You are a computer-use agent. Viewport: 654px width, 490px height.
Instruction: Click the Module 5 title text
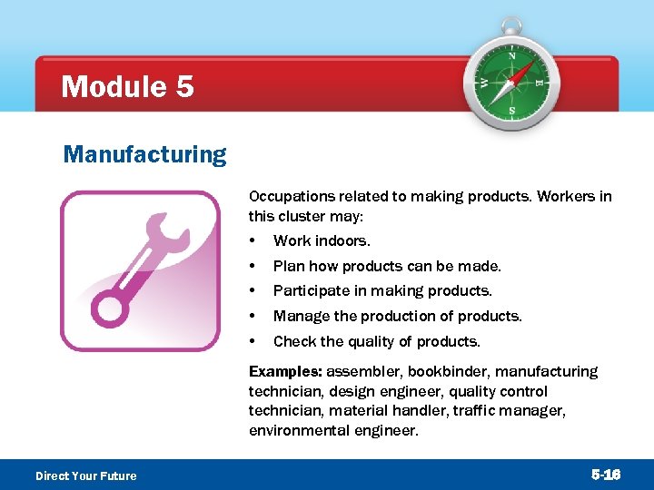(127, 87)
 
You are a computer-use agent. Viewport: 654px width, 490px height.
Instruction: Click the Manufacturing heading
(144, 154)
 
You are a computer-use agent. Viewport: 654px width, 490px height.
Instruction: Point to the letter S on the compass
(511, 110)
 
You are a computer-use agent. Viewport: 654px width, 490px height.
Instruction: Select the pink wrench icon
(140, 270)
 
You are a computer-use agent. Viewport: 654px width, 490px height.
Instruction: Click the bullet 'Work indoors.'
(322, 240)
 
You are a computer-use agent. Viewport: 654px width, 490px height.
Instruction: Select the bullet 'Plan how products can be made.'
(387, 266)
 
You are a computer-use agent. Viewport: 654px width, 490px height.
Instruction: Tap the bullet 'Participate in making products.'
(382, 291)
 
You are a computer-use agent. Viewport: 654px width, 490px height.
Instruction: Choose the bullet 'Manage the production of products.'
(397, 317)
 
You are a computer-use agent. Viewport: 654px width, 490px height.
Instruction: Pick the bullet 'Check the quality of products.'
(376, 342)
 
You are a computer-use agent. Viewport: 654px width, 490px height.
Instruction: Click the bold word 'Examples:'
(285, 371)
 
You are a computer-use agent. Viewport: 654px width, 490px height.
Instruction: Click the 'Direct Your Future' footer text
(85, 475)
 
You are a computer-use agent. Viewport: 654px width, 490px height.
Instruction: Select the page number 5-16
(606, 475)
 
